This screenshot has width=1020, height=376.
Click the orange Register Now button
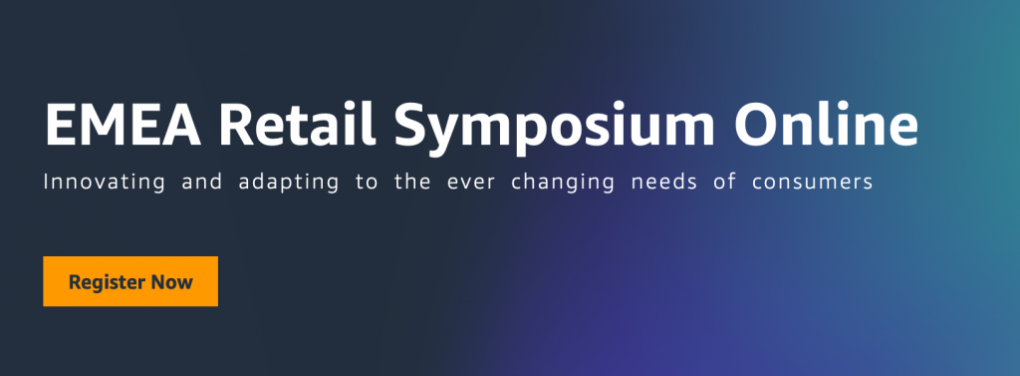[x=130, y=282]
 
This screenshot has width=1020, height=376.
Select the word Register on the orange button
[x=107, y=283]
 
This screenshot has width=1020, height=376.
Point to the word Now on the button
[x=171, y=282]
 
